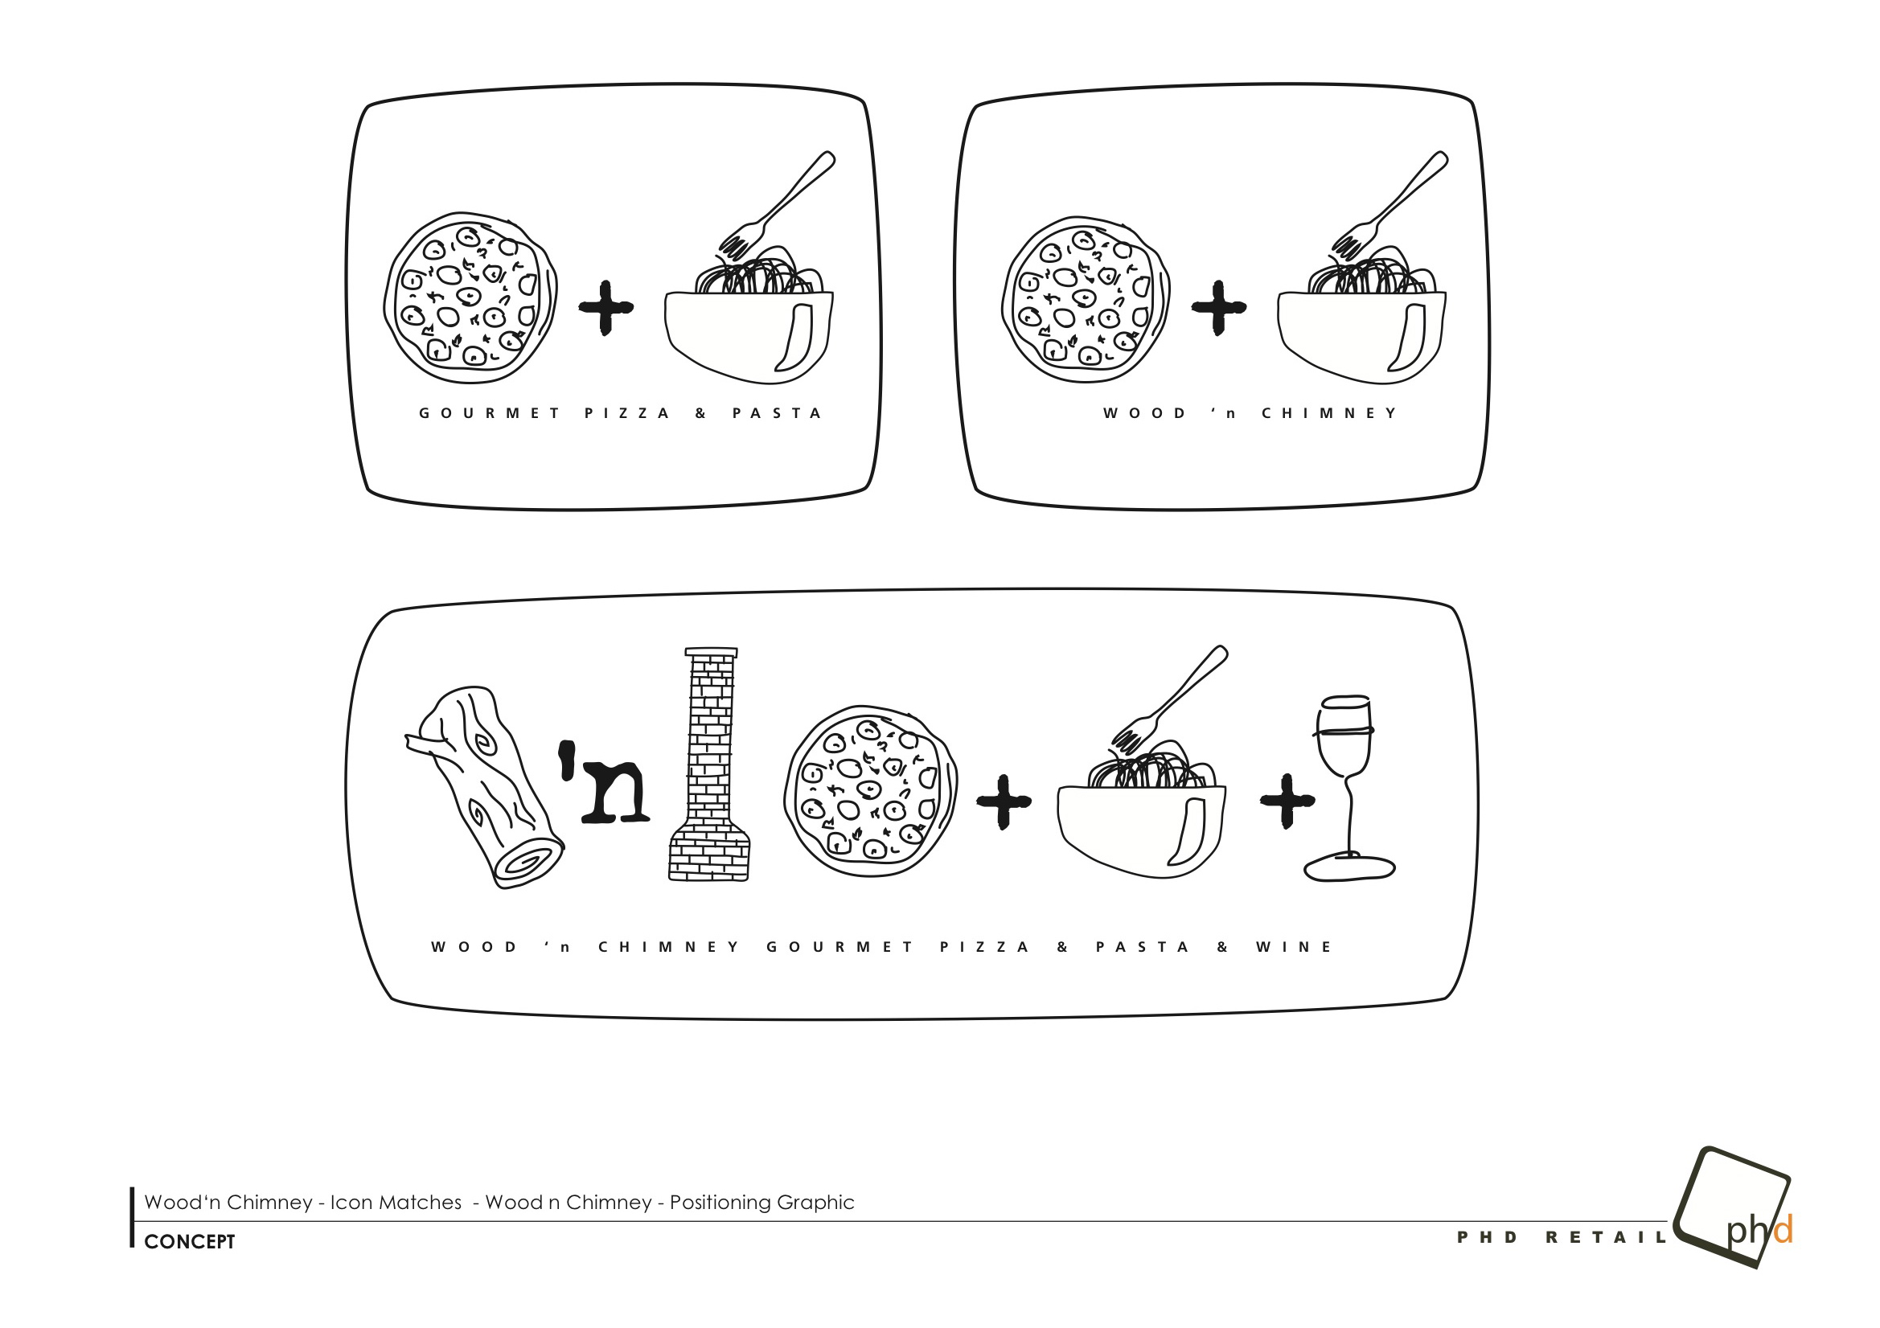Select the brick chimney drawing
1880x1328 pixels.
709,764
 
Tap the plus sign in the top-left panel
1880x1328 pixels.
606,308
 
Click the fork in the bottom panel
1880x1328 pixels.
1170,699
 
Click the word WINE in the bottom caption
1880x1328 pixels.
1294,947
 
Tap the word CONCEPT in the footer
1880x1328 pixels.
189,1242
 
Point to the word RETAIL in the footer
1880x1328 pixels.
1606,1237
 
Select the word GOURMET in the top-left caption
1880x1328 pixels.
490,413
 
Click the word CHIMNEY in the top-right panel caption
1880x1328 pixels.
1330,413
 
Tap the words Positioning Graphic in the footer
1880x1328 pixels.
761,1203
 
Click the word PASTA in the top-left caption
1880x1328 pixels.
777,413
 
